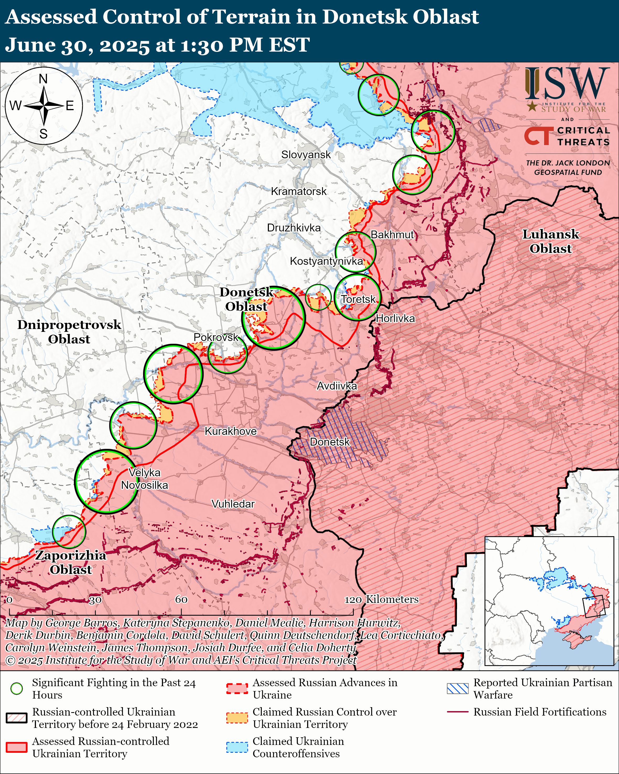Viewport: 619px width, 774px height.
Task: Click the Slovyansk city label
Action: tap(306, 155)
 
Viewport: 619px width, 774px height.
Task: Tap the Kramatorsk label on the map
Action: tap(298, 191)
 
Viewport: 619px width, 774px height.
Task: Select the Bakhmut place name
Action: tap(392, 235)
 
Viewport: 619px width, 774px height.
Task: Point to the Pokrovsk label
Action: tap(216, 337)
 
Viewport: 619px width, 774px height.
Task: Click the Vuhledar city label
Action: tap(233, 504)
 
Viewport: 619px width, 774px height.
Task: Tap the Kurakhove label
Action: tap(230, 431)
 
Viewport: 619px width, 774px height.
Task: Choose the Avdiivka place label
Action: tap(336, 386)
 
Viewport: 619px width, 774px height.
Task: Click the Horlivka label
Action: tap(395, 318)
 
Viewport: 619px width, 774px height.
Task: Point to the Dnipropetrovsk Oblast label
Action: tap(69, 332)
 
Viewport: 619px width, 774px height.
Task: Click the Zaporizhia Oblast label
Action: tap(71, 562)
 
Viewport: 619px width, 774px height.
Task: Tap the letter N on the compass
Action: tap(43, 79)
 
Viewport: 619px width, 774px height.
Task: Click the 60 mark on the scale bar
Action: tap(181, 599)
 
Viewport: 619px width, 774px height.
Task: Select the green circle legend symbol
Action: tap(17, 688)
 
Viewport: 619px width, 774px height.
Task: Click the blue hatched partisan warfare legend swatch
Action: tap(458, 688)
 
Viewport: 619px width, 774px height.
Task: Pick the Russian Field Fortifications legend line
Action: tap(458, 712)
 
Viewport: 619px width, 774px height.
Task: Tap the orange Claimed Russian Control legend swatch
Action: tap(237, 718)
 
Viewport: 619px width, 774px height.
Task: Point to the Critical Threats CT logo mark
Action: tap(537, 136)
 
